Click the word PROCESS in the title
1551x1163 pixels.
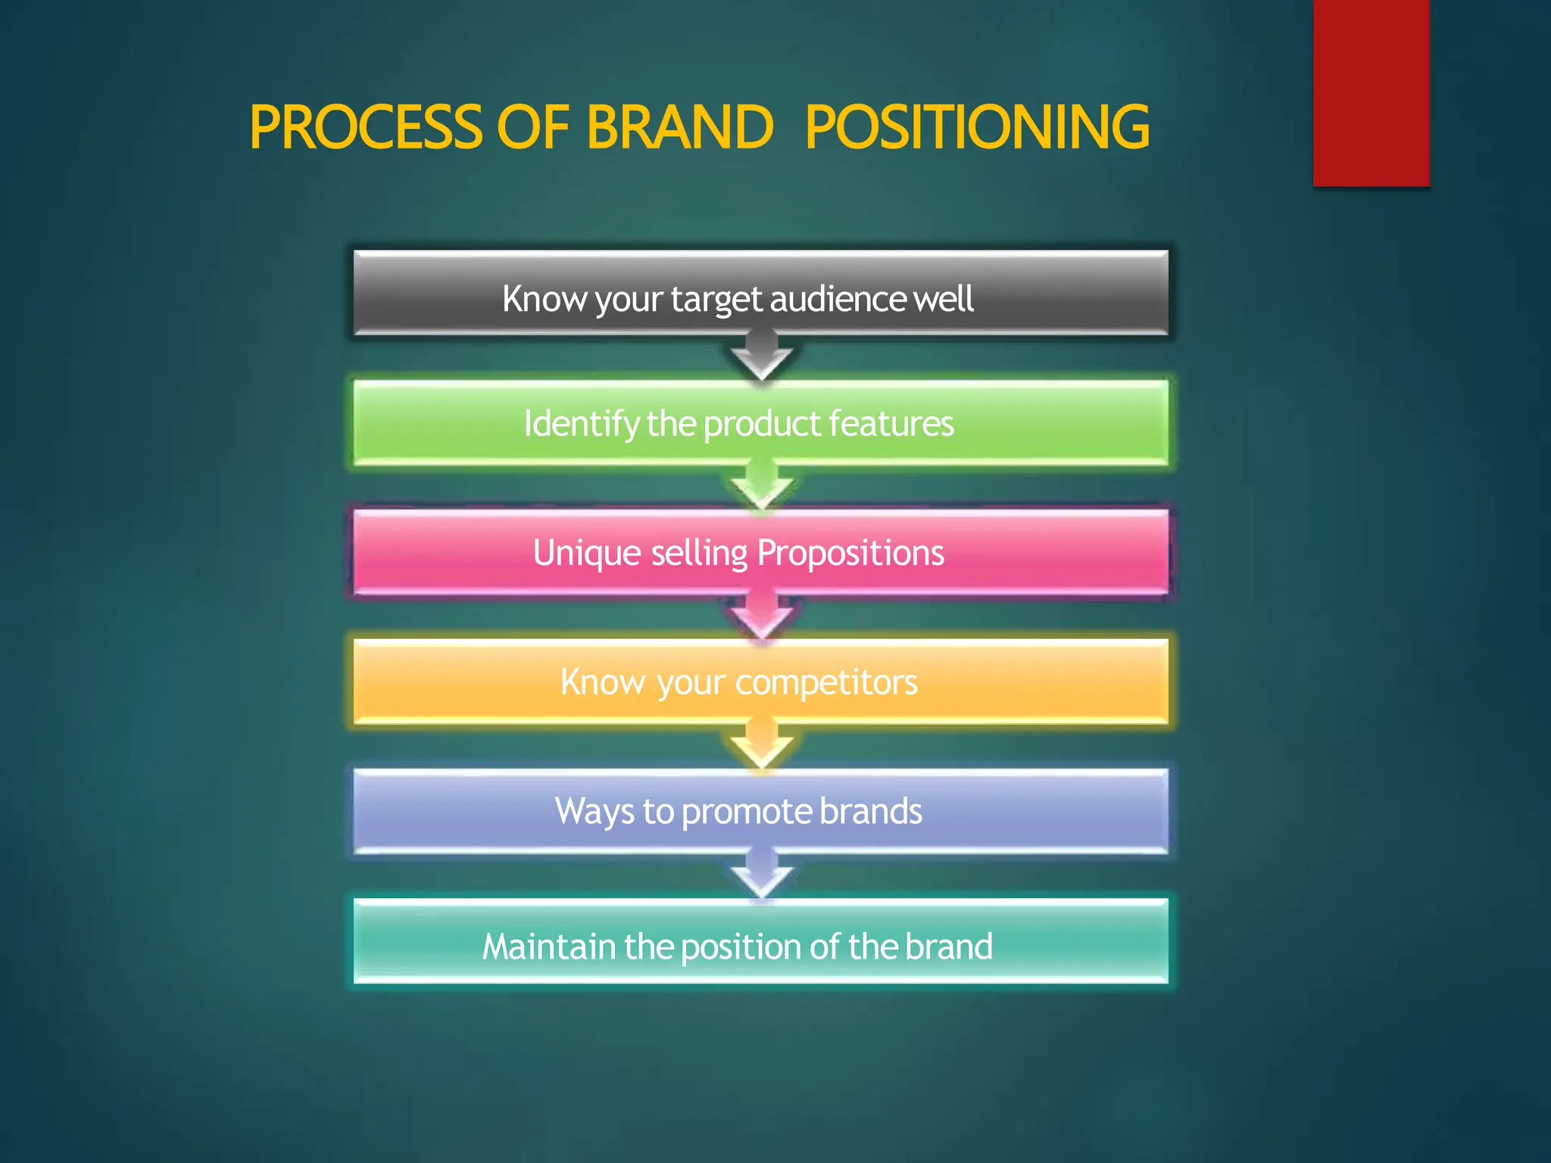pos(366,127)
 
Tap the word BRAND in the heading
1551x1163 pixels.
pos(679,127)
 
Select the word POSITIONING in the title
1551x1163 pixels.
pos(977,127)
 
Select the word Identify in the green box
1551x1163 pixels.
pos(581,424)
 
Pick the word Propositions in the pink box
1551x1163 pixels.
pos(850,553)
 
